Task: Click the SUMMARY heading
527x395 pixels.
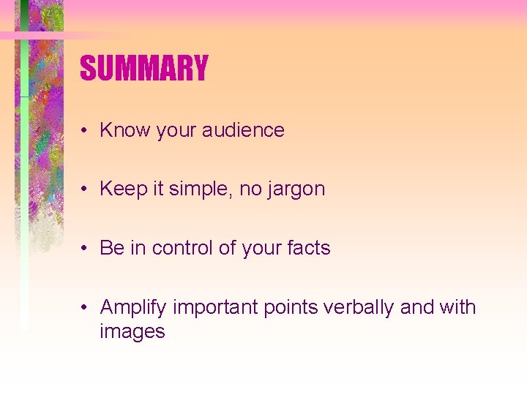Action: [144, 69]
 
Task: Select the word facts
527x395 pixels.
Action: [308, 248]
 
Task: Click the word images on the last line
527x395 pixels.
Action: [132, 332]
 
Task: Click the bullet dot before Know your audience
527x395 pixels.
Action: [86, 131]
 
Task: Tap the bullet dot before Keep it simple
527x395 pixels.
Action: [86, 189]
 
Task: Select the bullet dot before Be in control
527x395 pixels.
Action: [86, 249]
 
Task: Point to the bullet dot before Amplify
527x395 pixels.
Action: [86, 308]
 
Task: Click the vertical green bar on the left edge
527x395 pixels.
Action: [24, 183]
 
